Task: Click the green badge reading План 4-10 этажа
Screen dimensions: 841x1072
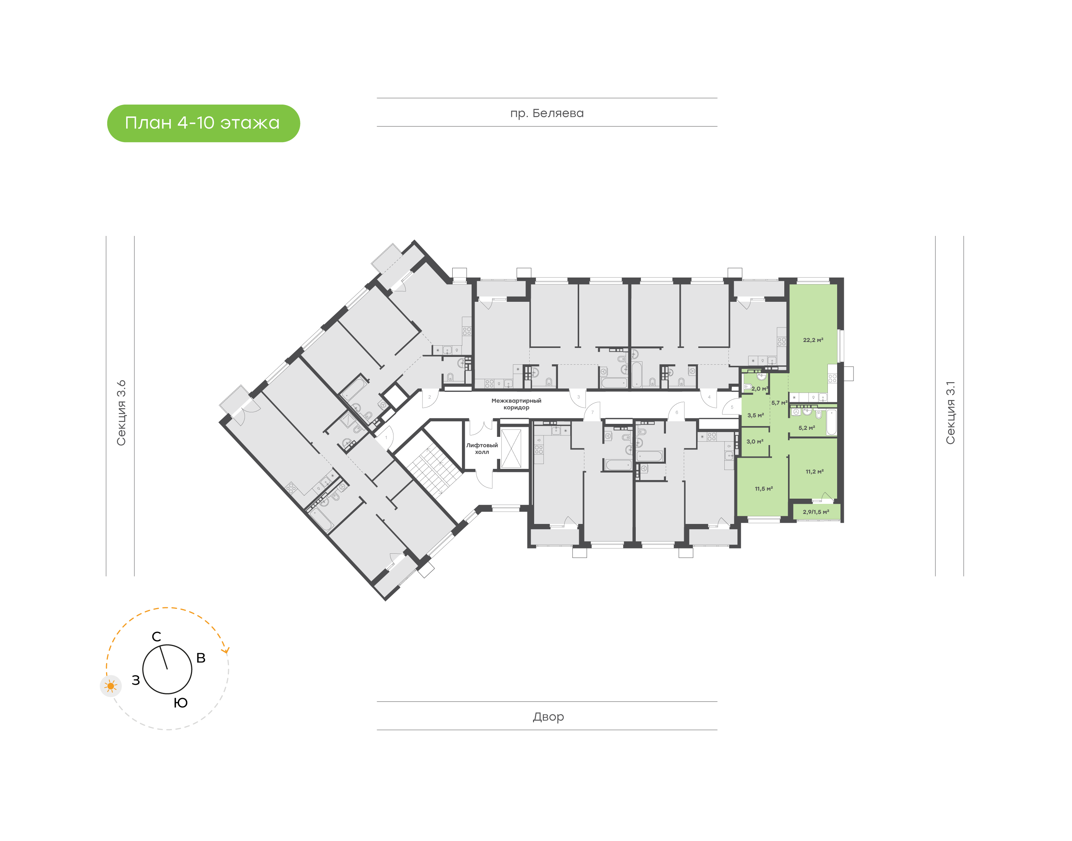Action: tap(203, 123)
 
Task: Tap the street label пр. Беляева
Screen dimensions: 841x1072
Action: tap(546, 113)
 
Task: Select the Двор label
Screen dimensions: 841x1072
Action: tap(548, 716)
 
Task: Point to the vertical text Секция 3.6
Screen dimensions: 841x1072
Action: tap(121, 413)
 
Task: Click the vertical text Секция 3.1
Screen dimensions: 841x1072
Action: tap(950, 413)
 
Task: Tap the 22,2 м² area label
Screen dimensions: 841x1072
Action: tap(813, 340)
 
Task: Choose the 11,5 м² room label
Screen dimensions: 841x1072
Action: tap(764, 489)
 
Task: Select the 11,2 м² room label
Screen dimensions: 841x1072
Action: tap(814, 471)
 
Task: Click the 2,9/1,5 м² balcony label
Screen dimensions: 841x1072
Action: tap(816, 512)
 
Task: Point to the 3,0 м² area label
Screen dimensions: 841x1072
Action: tap(755, 441)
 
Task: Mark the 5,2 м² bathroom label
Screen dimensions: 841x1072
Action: tap(807, 428)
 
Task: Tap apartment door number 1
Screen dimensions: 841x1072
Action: tap(386, 437)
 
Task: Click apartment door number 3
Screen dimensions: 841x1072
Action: tap(578, 397)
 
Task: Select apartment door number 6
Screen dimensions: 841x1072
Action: tap(677, 412)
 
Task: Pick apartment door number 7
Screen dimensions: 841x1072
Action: tap(592, 412)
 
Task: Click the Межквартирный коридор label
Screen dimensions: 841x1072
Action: tap(516, 404)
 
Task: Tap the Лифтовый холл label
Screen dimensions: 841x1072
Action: tap(482, 448)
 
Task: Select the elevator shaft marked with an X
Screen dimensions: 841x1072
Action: tap(511, 448)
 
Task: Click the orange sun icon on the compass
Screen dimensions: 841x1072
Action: tap(111, 686)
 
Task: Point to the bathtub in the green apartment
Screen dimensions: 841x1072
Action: tap(831, 422)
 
